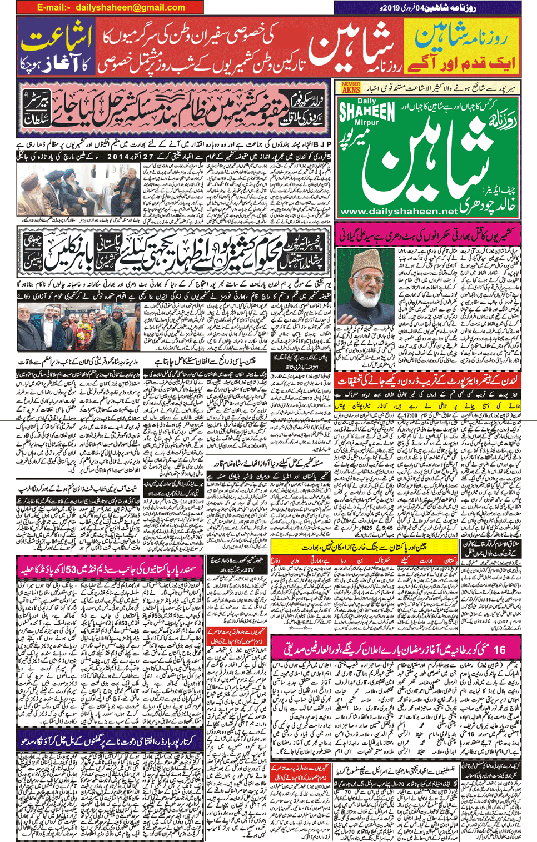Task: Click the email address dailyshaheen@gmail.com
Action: point(131,7)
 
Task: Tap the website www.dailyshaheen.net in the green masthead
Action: point(398,212)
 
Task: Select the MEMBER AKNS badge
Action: point(351,87)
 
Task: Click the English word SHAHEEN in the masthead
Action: point(367,112)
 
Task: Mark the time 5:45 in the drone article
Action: point(387,528)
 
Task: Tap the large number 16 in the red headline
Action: point(499,649)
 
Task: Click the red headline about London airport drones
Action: point(428,380)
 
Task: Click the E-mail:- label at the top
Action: point(53,7)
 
